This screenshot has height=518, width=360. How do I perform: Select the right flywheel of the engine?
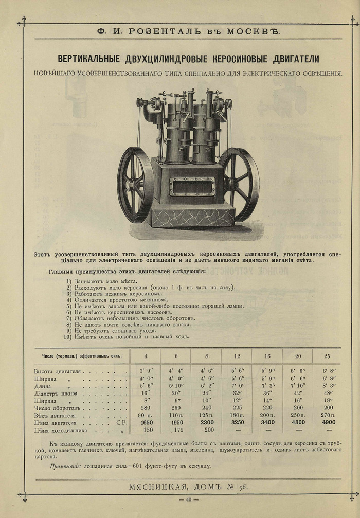point(239,184)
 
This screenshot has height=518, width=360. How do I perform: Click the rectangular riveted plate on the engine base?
point(192,187)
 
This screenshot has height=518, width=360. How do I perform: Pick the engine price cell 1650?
point(145,422)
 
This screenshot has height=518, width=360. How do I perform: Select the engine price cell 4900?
point(328,422)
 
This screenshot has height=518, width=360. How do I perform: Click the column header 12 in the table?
point(237,356)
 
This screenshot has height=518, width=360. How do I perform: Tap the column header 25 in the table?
point(328,356)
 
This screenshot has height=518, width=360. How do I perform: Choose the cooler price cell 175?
point(175,430)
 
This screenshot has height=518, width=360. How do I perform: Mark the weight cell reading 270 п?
point(328,415)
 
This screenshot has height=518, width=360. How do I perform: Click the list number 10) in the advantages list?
point(67,337)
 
